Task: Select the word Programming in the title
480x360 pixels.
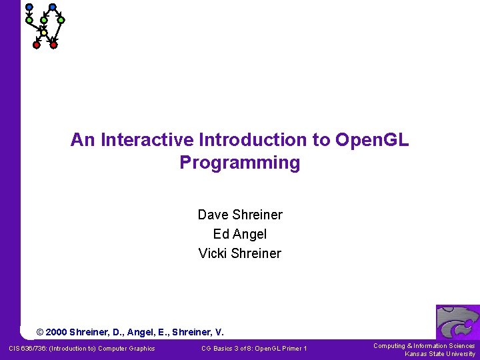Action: pos(240,163)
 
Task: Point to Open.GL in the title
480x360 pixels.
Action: pos(373,140)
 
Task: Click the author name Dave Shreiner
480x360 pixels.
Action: pos(240,215)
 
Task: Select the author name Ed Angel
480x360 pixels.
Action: pos(240,234)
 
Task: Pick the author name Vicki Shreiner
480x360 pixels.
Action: pos(240,253)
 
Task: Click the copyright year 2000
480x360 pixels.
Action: pos(56,332)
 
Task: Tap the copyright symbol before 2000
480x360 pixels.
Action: pos(40,332)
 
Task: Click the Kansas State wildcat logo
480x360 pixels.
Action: pos(457,323)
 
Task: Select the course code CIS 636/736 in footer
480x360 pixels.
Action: pos(29,349)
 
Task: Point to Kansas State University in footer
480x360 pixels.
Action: pos(440,354)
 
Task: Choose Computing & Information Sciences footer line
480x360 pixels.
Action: pos(424,345)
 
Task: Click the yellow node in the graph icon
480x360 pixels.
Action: pos(43,32)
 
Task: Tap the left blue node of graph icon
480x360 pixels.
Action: pos(29,7)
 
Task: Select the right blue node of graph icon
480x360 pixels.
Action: pos(53,7)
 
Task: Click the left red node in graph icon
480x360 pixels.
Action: pos(37,45)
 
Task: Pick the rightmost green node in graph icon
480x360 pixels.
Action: pos(61,20)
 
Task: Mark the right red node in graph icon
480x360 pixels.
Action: pos(54,45)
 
